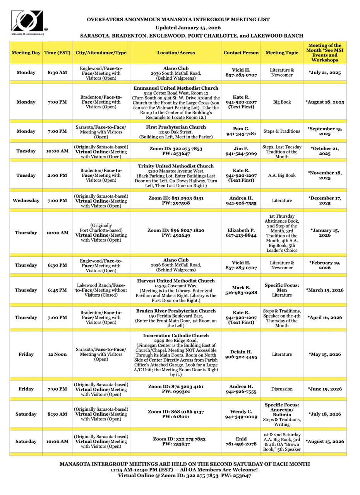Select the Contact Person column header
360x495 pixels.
pyautogui.click(x=240, y=52)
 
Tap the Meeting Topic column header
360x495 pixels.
pyautogui.click(x=281, y=52)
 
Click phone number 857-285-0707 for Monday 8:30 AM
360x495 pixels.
pyautogui.click(x=241, y=75)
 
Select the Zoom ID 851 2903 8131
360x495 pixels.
pyautogui.click(x=176, y=198)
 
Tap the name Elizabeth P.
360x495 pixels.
pyautogui.click(x=241, y=230)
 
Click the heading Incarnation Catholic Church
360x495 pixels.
pyautogui.click(x=176, y=335)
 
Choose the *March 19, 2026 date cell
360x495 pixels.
pyautogui.click(x=325, y=290)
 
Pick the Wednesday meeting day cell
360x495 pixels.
pyautogui.click(x=26, y=200)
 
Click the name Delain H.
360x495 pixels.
pyautogui.click(x=241, y=352)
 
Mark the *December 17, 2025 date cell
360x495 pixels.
pyautogui.click(x=325, y=200)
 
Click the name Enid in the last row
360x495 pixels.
pyautogui.click(x=241, y=439)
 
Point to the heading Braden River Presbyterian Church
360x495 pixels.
pyautogui.click(x=176, y=311)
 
